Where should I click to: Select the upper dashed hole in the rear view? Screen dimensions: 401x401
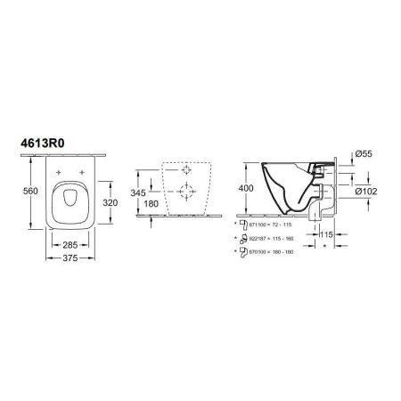pyautogui.click(x=185, y=169)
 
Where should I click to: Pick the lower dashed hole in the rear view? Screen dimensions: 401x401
pyautogui.click(x=185, y=189)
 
